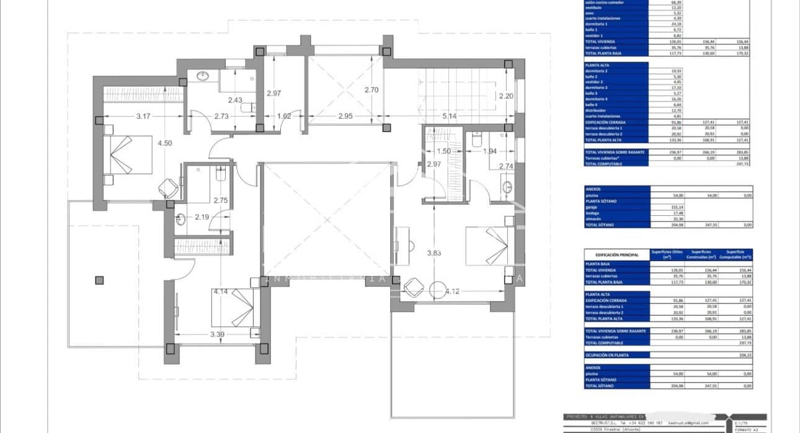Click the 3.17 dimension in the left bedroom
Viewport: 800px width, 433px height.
[143, 116]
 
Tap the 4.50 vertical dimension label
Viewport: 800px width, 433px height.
[164, 143]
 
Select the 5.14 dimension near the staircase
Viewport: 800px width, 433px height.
[450, 116]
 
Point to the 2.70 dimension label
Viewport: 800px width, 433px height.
[371, 89]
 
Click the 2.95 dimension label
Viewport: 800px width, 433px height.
[345, 116]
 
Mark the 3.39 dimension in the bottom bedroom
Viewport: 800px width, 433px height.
[218, 335]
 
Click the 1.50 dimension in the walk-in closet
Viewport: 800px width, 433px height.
[443, 151]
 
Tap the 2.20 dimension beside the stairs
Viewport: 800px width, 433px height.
[507, 96]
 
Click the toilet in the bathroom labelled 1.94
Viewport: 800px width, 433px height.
[477, 141]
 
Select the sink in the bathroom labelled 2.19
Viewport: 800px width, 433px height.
[180, 218]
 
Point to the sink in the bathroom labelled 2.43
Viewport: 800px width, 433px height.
[203, 77]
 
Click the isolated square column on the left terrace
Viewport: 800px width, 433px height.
[99, 280]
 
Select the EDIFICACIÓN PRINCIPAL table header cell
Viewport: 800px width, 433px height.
[616, 255]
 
